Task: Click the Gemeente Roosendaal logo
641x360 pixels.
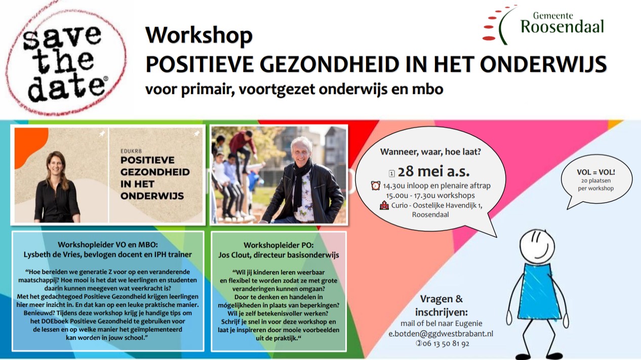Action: [x=543, y=25]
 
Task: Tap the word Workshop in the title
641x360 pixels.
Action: [x=199, y=35]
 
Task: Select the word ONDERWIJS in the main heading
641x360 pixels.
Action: [x=543, y=64]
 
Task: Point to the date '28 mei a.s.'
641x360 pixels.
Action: [x=433, y=171]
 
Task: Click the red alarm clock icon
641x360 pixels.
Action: [x=376, y=186]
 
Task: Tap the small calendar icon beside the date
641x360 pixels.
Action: [x=392, y=173]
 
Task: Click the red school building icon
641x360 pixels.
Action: [x=384, y=205]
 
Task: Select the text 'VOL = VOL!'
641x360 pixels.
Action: [x=596, y=172]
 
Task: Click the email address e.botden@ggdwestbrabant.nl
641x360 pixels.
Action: [x=440, y=334]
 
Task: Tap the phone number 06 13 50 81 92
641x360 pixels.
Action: [x=446, y=343]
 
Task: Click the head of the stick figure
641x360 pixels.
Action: [x=537, y=246]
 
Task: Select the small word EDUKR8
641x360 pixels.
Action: [x=131, y=151]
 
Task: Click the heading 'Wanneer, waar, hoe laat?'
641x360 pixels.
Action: [x=430, y=152]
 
